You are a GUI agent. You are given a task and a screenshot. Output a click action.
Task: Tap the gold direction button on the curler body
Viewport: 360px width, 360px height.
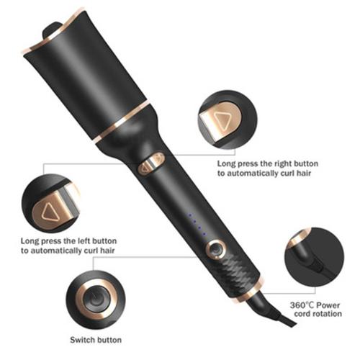point(150,166)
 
